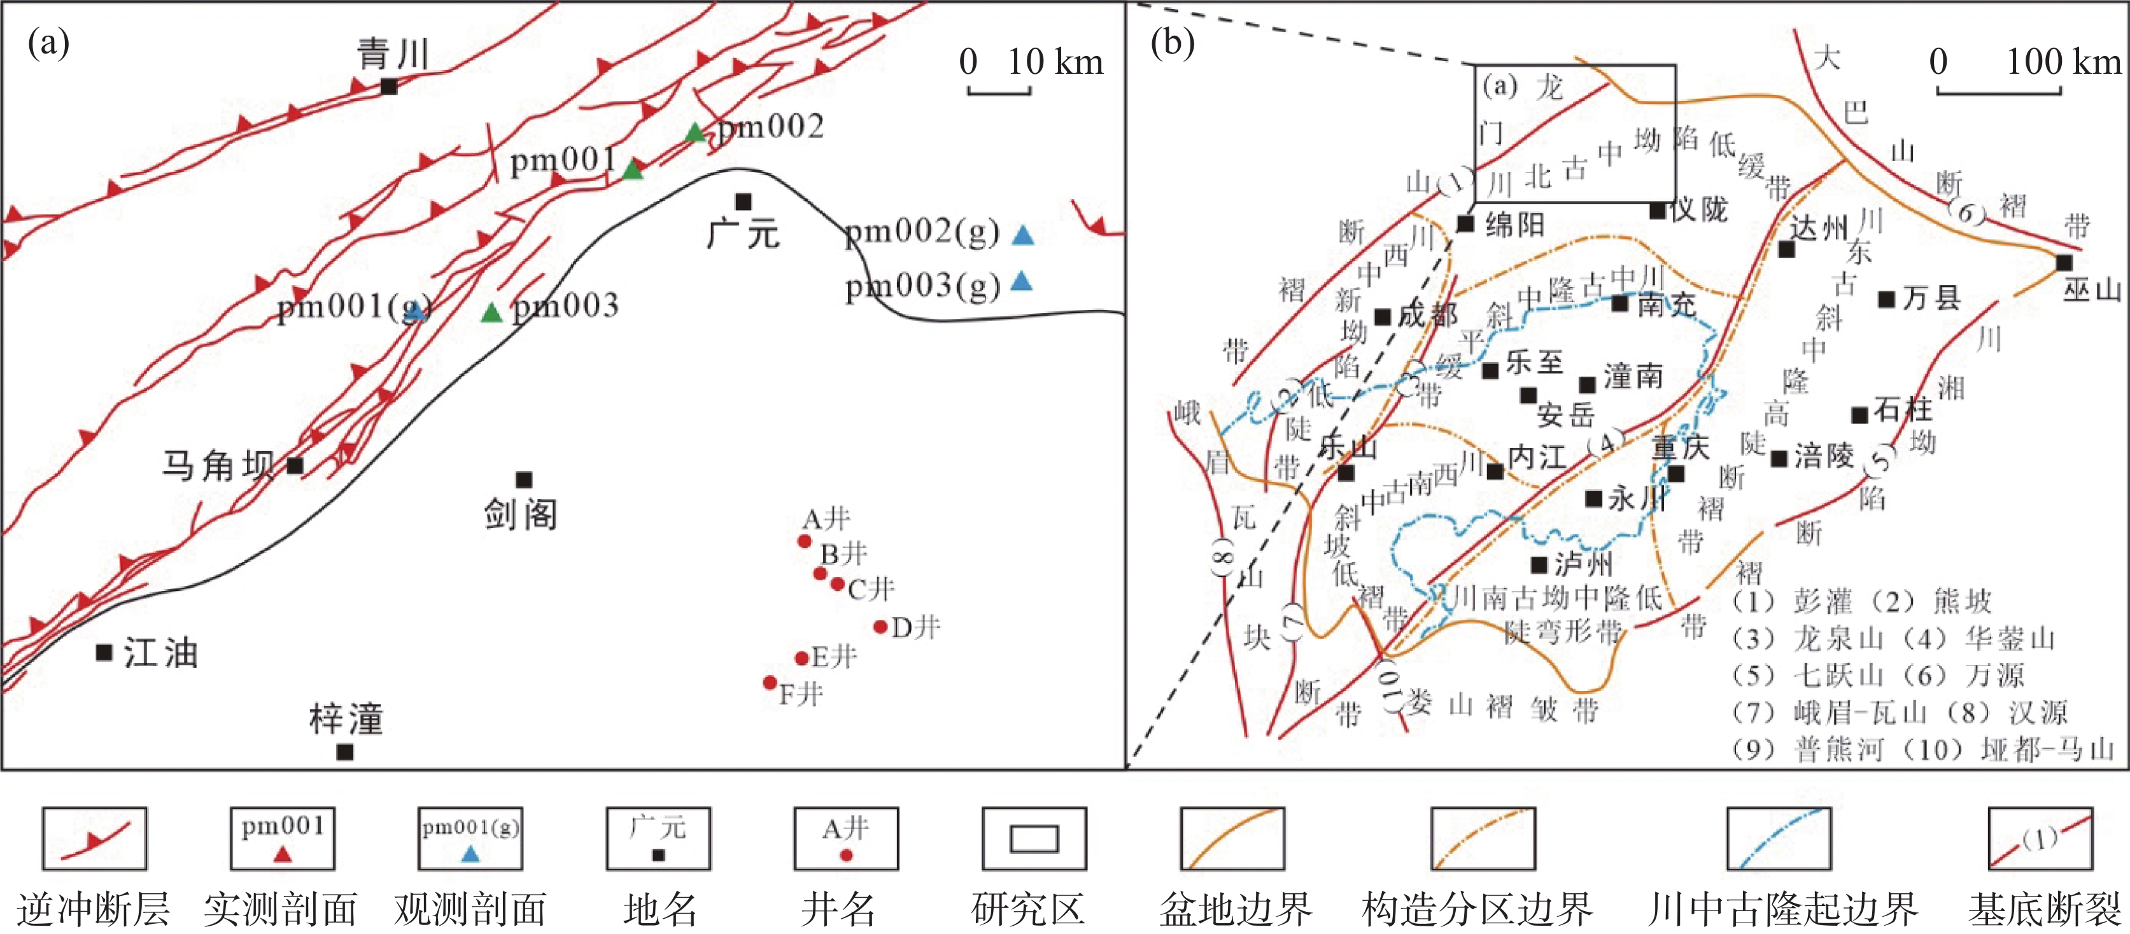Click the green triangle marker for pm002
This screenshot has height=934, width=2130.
pos(695,132)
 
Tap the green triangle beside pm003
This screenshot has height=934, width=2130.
pos(492,312)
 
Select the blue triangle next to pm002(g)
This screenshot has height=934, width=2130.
pos(1023,235)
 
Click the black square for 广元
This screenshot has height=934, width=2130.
pos(744,202)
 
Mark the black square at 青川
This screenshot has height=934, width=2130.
pos(388,86)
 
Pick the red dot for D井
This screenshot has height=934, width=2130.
pos(880,627)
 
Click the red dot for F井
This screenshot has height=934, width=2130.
pos(770,682)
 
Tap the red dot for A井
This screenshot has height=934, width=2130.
pos(804,541)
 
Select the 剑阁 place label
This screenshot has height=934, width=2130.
pos(521,514)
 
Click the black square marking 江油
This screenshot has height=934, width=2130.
pos(104,652)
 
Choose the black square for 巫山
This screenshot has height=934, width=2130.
pos(2064,263)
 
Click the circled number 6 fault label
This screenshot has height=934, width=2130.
pos(1966,213)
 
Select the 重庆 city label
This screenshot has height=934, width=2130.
pos(1680,447)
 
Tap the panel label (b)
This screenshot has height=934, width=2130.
pos(1173,43)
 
